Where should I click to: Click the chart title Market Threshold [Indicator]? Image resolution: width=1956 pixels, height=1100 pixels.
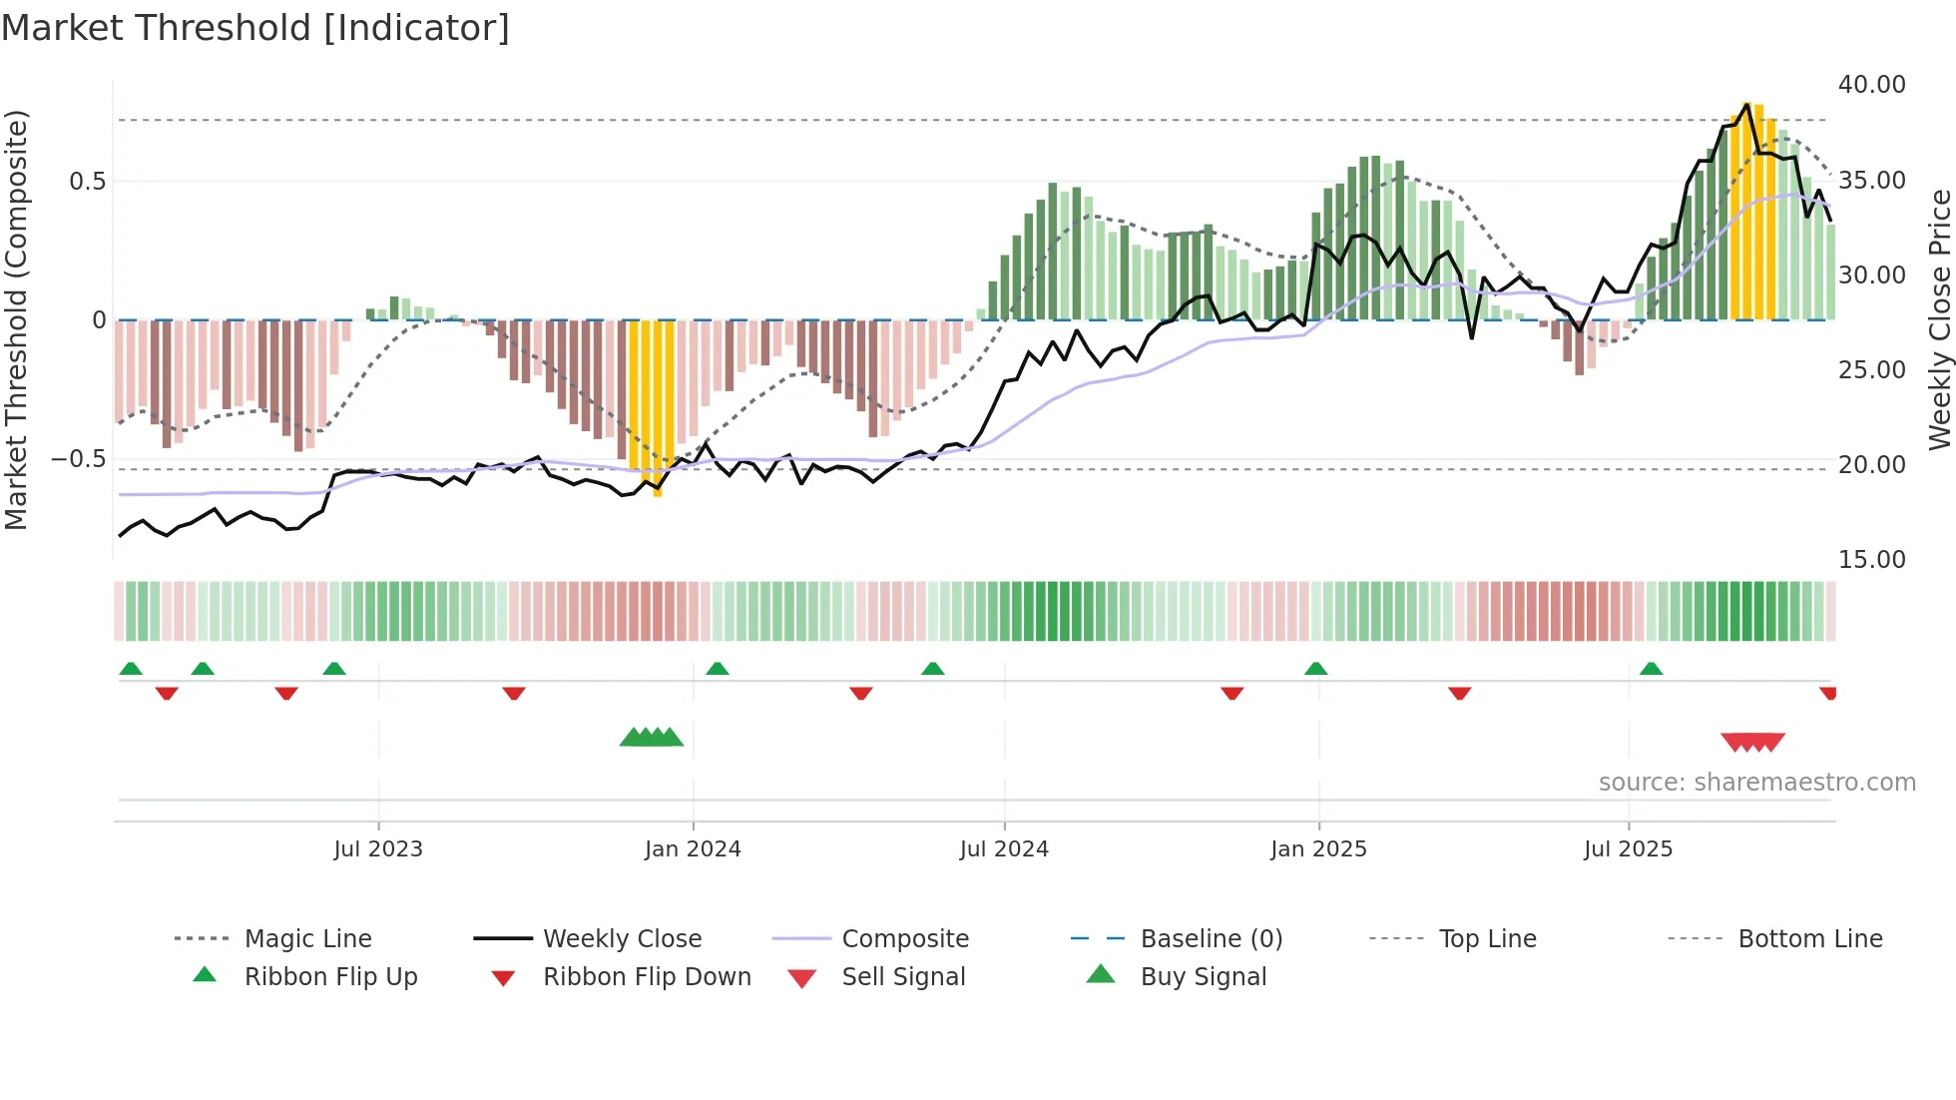coord(255,28)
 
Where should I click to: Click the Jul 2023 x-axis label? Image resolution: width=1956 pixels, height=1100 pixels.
coord(378,849)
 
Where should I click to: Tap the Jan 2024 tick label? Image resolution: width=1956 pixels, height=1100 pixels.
coord(693,849)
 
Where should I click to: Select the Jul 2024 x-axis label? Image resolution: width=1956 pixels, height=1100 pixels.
coord(1004,849)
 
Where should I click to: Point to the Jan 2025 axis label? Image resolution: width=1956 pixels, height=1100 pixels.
coord(1318,849)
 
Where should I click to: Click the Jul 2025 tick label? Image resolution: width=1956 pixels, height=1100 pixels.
coord(1628,849)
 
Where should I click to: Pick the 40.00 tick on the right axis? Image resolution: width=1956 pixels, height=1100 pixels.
coord(1872,85)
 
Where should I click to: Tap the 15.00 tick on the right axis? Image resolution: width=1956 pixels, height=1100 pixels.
coord(1872,560)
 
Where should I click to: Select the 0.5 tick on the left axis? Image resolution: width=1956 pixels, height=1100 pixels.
coord(87,182)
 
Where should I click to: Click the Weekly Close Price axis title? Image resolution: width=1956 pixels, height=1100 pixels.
coord(1939,319)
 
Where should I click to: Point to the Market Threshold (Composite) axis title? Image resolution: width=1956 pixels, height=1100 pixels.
coord(16,319)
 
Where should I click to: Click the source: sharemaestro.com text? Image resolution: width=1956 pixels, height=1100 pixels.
coord(1756,783)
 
